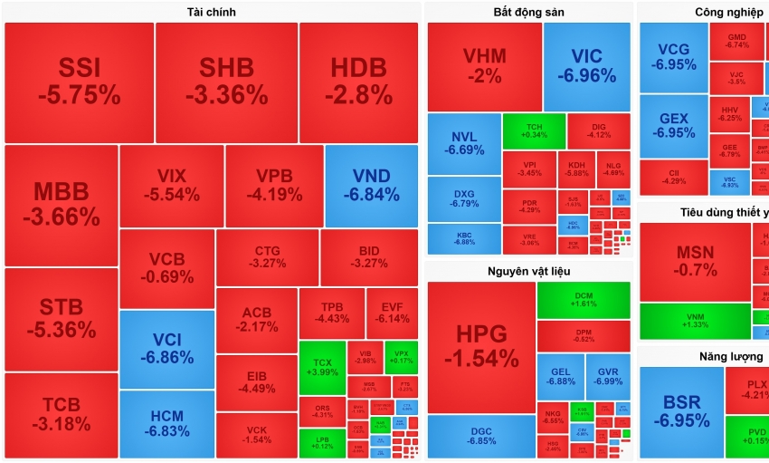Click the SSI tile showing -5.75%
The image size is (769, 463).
tap(79, 82)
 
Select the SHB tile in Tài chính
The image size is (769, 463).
tap(226, 82)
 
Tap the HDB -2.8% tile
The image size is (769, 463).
tap(358, 82)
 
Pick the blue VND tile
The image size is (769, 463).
tap(371, 186)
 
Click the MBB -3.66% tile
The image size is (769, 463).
tap(62, 205)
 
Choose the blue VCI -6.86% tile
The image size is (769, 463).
tap(166, 348)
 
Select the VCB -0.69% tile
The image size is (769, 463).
tap(166, 267)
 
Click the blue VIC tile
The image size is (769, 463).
tap(587, 66)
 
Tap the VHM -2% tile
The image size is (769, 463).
tap(484, 66)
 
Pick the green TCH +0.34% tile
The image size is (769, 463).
tap(533, 129)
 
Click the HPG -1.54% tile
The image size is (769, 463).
tap(480, 346)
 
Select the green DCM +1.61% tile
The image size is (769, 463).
tap(584, 300)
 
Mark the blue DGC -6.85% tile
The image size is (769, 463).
tap(480, 436)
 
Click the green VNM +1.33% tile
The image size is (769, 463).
tap(694, 320)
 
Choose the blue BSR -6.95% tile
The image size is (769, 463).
tap(680, 411)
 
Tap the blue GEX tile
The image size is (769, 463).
tap(673, 125)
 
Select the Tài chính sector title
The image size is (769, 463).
tap(211, 12)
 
